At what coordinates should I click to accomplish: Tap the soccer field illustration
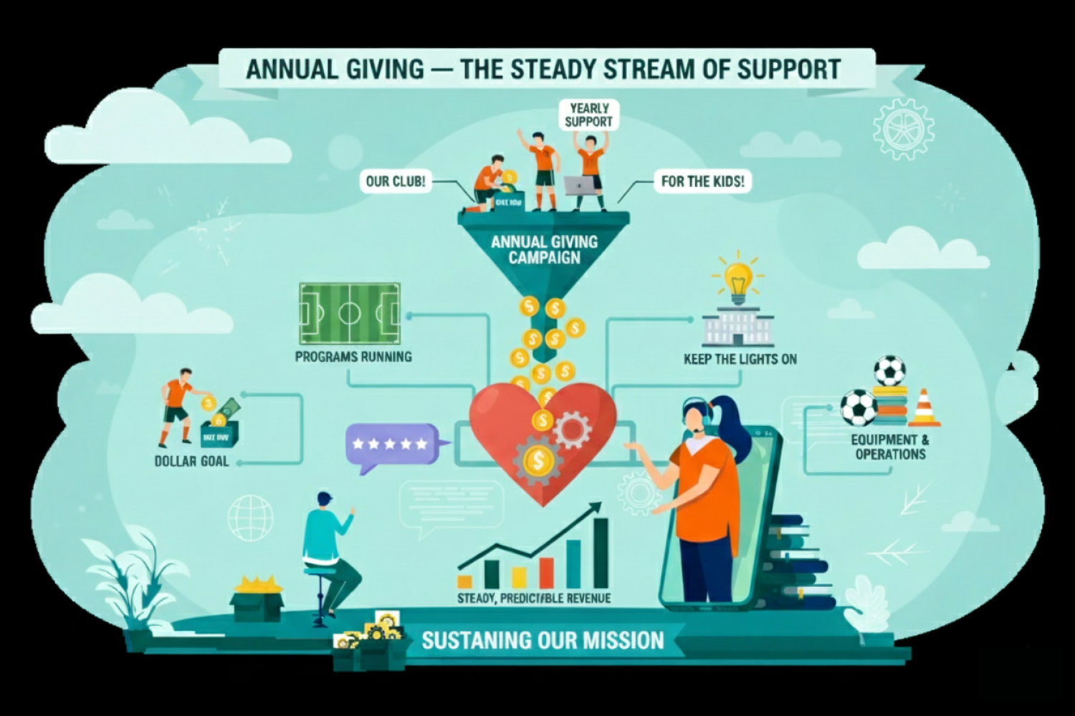click(x=349, y=313)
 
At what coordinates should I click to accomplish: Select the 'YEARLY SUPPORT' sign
click(x=588, y=115)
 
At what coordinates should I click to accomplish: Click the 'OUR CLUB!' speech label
click(x=395, y=181)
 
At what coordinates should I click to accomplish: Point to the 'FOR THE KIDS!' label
click(x=702, y=181)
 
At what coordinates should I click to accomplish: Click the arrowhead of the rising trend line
click(x=596, y=507)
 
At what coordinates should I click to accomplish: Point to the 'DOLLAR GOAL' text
click(x=191, y=461)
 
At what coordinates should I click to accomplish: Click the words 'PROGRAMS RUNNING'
click(x=353, y=356)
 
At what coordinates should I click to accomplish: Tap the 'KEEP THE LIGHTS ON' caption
click(x=740, y=359)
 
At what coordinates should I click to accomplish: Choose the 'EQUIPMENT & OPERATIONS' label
click(x=890, y=447)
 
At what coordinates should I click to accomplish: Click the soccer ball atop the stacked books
click(x=889, y=371)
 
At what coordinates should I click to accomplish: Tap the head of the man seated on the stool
click(x=325, y=499)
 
